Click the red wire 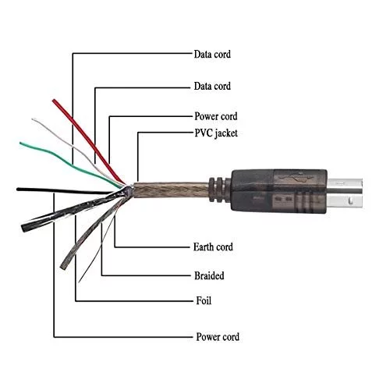click(88, 141)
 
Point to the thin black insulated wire click(65, 191)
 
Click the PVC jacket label click(216, 133)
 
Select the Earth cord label click(213, 246)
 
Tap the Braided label click(209, 275)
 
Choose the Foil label click(204, 300)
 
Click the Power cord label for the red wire click(216, 116)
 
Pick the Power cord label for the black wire click(218, 337)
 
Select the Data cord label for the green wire click(212, 54)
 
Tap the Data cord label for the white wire click(212, 86)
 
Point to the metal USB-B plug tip click(345, 193)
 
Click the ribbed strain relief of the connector click(219, 190)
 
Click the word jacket click(226, 133)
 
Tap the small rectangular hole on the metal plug click(350, 200)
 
